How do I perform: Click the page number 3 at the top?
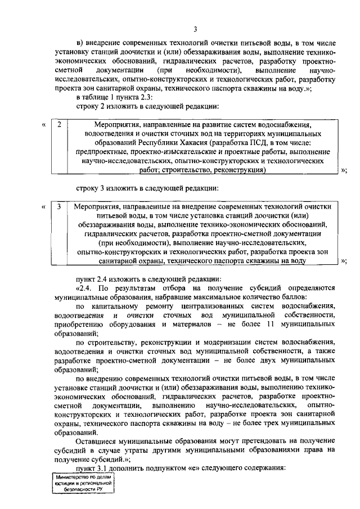click(x=195, y=29)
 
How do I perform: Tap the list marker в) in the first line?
click(x=80, y=42)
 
